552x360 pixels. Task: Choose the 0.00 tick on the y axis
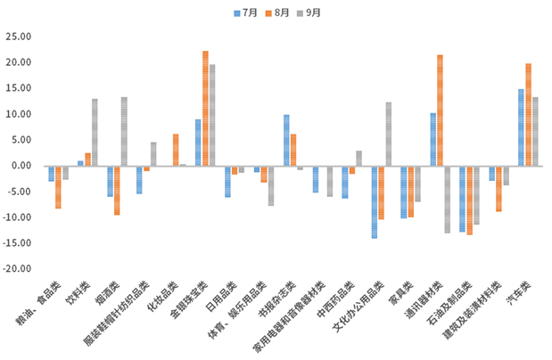[21, 166]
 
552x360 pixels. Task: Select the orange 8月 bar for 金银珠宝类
[205, 109]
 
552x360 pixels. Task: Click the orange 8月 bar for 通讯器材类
[440, 110]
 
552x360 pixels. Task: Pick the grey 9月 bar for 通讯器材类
[447, 199]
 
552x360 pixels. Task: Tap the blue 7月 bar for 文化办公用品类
[375, 201]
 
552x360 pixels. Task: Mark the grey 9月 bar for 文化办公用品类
[389, 134]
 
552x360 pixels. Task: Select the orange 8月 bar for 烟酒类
[117, 190]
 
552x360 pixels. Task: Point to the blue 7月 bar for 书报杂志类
[286, 140]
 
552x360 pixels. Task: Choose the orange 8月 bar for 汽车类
[528, 115]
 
